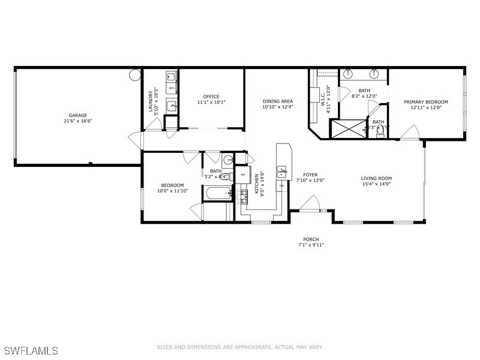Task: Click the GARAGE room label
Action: (x=77, y=115)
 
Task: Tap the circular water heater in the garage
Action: (x=135, y=76)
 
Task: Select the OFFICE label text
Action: (x=211, y=97)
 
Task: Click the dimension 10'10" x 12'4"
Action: (x=277, y=107)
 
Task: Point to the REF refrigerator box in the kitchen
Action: (x=243, y=175)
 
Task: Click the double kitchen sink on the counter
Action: (x=282, y=173)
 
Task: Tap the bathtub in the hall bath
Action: (x=216, y=193)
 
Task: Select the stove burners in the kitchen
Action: (x=244, y=196)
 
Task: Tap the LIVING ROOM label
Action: (x=376, y=178)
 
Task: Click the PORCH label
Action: (x=310, y=239)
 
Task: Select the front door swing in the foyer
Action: (x=311, y=204)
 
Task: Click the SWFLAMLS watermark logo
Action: (x=30, y=349)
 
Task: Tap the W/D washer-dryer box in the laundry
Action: (x=171, y=88)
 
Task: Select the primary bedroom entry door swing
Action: (x=410, y=132)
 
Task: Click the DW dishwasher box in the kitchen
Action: (x=281, y=186)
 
